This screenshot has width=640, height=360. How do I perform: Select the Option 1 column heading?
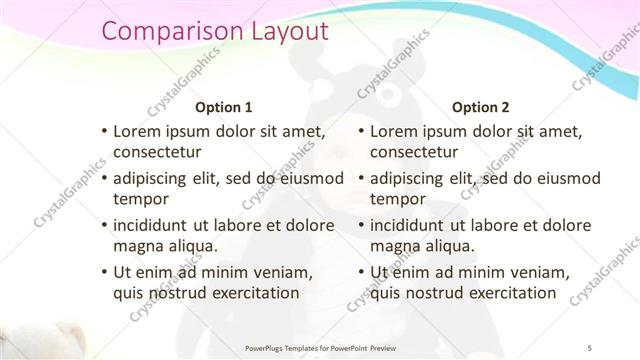[223, 107]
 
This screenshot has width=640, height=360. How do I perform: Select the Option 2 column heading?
[481, 107]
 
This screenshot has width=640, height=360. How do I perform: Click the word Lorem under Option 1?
[139, 131]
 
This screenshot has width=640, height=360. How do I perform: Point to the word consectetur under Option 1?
[157, 152]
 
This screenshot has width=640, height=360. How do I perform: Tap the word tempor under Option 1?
[141, 199]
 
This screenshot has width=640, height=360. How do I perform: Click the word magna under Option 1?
[140, 246]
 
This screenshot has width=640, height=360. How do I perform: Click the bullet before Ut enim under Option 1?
[105, 273]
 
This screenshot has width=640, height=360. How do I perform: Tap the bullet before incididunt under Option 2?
[362, 226]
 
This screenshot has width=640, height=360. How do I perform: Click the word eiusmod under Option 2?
[565, 179]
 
